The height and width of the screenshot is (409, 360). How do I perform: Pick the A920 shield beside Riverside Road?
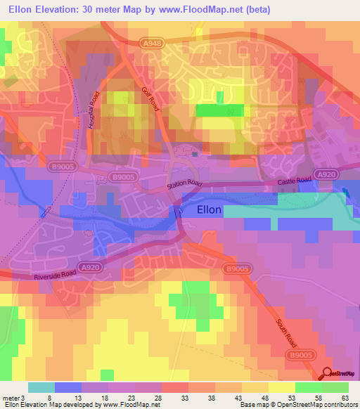(89, 267)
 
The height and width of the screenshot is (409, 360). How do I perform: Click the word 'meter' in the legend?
(12, 397)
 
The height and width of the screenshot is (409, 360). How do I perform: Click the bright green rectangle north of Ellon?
(220, 110)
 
